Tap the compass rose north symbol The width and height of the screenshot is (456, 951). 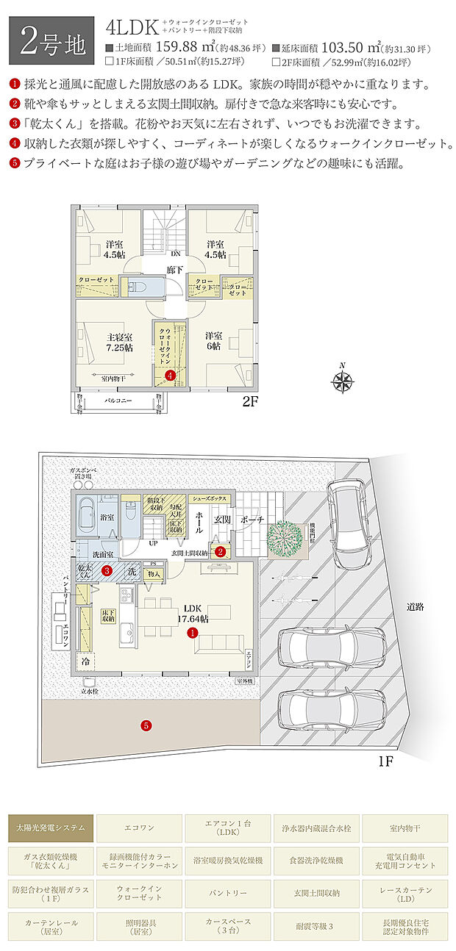(x=342, y=380)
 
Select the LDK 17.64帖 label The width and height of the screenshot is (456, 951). (x=193, y=614)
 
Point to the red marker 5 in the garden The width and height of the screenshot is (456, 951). (x=146, y=726)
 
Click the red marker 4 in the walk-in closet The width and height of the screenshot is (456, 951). (x=171, y=376)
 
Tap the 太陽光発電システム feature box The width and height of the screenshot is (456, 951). (x=51, y=828)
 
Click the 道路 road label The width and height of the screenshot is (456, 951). (x=416, y=607)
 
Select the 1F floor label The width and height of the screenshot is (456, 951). (x=387, y=761)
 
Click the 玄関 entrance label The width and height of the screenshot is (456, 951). (x=222, y=519)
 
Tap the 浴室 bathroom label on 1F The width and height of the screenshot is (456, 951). (x=107, y=517)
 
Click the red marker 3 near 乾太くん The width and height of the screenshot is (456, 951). (x=107, y=570)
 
